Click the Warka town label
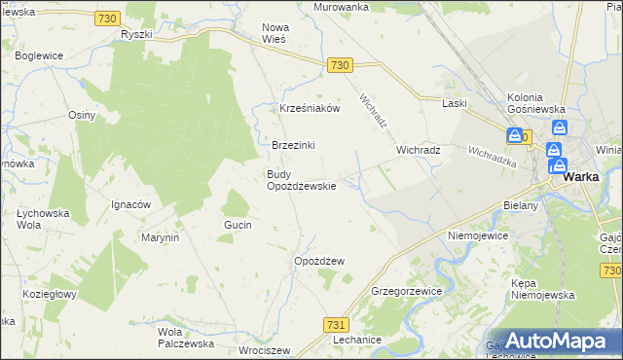(580, 177)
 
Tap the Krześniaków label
(310, 109)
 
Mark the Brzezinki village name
(293, 145)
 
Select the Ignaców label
(129, 205)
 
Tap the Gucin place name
(238, 225)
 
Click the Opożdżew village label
(320, 261)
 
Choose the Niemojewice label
(479, 235)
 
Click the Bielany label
(521, 207)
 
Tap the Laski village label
(455, 103)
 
